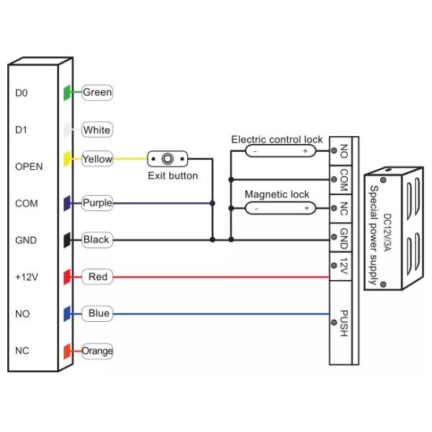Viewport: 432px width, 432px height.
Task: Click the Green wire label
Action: tap(97, 92)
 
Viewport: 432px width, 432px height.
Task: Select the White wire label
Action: tap(97, 130)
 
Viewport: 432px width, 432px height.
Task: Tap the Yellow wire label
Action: tap(97, 159)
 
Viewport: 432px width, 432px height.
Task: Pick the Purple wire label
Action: tap(97, 203)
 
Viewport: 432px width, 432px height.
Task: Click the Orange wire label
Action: tap(97, 351)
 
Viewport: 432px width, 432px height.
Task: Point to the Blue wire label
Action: tap(99, 313)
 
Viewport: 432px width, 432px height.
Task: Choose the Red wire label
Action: tap(97, 276)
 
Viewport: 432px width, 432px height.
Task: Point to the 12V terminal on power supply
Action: tap(343, 266)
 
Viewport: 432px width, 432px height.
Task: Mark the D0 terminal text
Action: tap(21, 93)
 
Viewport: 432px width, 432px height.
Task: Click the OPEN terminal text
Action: tap(29, 166)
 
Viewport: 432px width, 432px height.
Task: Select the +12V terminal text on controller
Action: tap(24, 276)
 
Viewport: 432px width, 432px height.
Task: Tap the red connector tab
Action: tap(66, 276)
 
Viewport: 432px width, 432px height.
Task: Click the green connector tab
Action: tap(66, 92)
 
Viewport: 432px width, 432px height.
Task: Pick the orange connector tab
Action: tap(66, 351)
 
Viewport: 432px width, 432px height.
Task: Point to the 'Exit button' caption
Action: tap(173, 175)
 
